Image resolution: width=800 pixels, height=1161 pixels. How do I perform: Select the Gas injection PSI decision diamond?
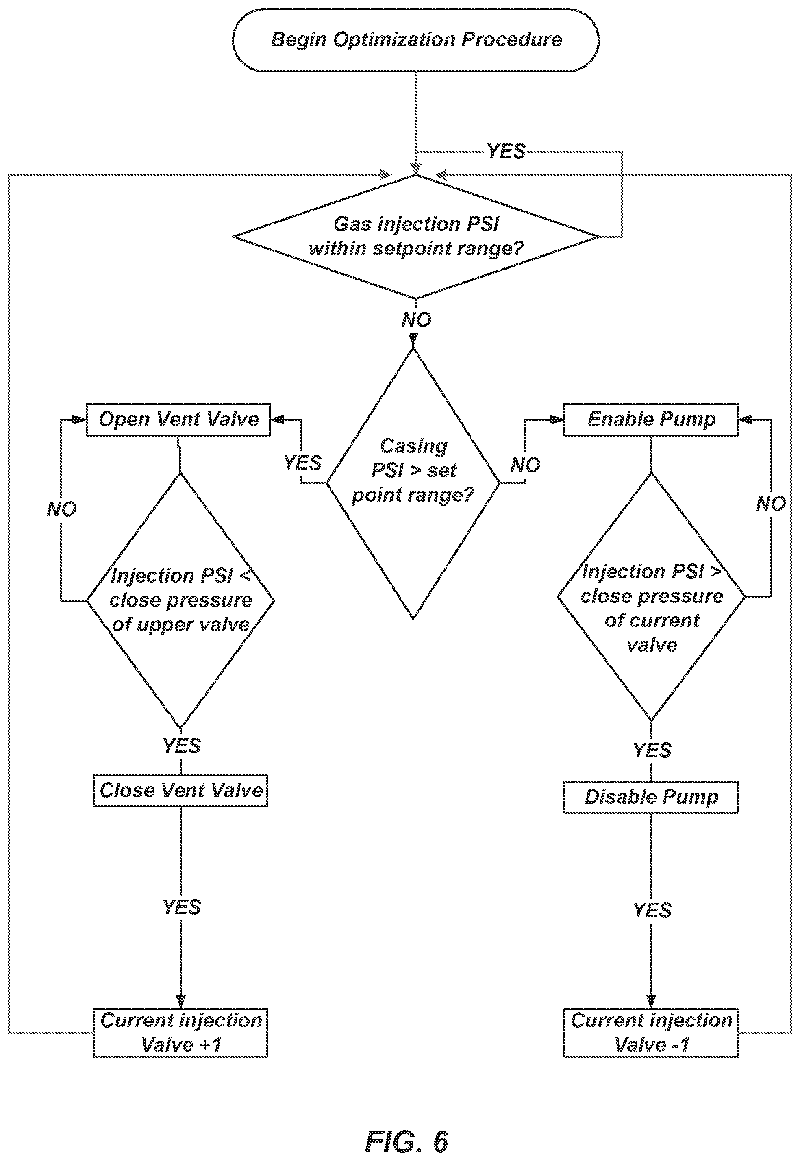pyautogui.click(x=415, y=237)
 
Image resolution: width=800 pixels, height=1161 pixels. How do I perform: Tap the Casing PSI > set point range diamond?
pyautogui.click(x=413, y=484)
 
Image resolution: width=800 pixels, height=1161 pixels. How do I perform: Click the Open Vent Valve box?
pyautogui.click(x=178, y=420)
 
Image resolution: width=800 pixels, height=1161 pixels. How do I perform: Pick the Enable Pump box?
pyautogui.click(x=651, y=420)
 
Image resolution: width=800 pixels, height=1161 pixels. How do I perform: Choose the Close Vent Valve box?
pyautogui.click(x=180, y=791)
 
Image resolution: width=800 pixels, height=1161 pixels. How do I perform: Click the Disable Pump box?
pyautogui.click(x=651, y=797)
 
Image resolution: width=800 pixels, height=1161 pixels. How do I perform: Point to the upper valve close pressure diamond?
pyautogui.click(x=180, y=600)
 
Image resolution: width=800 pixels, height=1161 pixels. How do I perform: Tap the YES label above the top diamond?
pyautogui.click(x=506, y=151)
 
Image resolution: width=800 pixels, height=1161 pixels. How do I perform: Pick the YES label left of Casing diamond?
pyautogui.click(x=302, y=463)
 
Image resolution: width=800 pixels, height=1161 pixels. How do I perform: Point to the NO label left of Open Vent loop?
pyautogui.click(x=62, y=510)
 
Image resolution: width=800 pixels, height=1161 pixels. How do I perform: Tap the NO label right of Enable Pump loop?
pyautogui.click(x=771, y=504)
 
